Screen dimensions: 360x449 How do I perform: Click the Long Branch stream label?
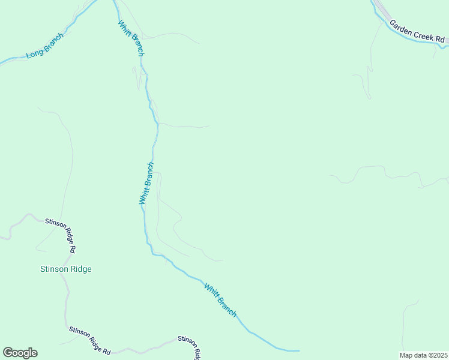[44, 46]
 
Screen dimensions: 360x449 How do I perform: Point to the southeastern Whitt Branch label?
[220, 300]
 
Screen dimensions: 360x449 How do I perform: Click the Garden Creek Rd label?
[417, 32]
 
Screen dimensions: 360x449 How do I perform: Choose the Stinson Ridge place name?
[65, 269]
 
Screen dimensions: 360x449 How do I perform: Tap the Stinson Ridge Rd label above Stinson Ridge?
[61, 235]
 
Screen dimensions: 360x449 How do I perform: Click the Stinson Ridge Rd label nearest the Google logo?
[89, 340]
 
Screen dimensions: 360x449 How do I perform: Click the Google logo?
[20, 353]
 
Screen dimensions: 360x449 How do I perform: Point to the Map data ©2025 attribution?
[423, 355]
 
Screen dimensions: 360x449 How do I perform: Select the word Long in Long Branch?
[35, 53]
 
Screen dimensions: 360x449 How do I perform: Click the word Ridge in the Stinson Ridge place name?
[81, 269]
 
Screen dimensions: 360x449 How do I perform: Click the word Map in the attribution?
[406, 355]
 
